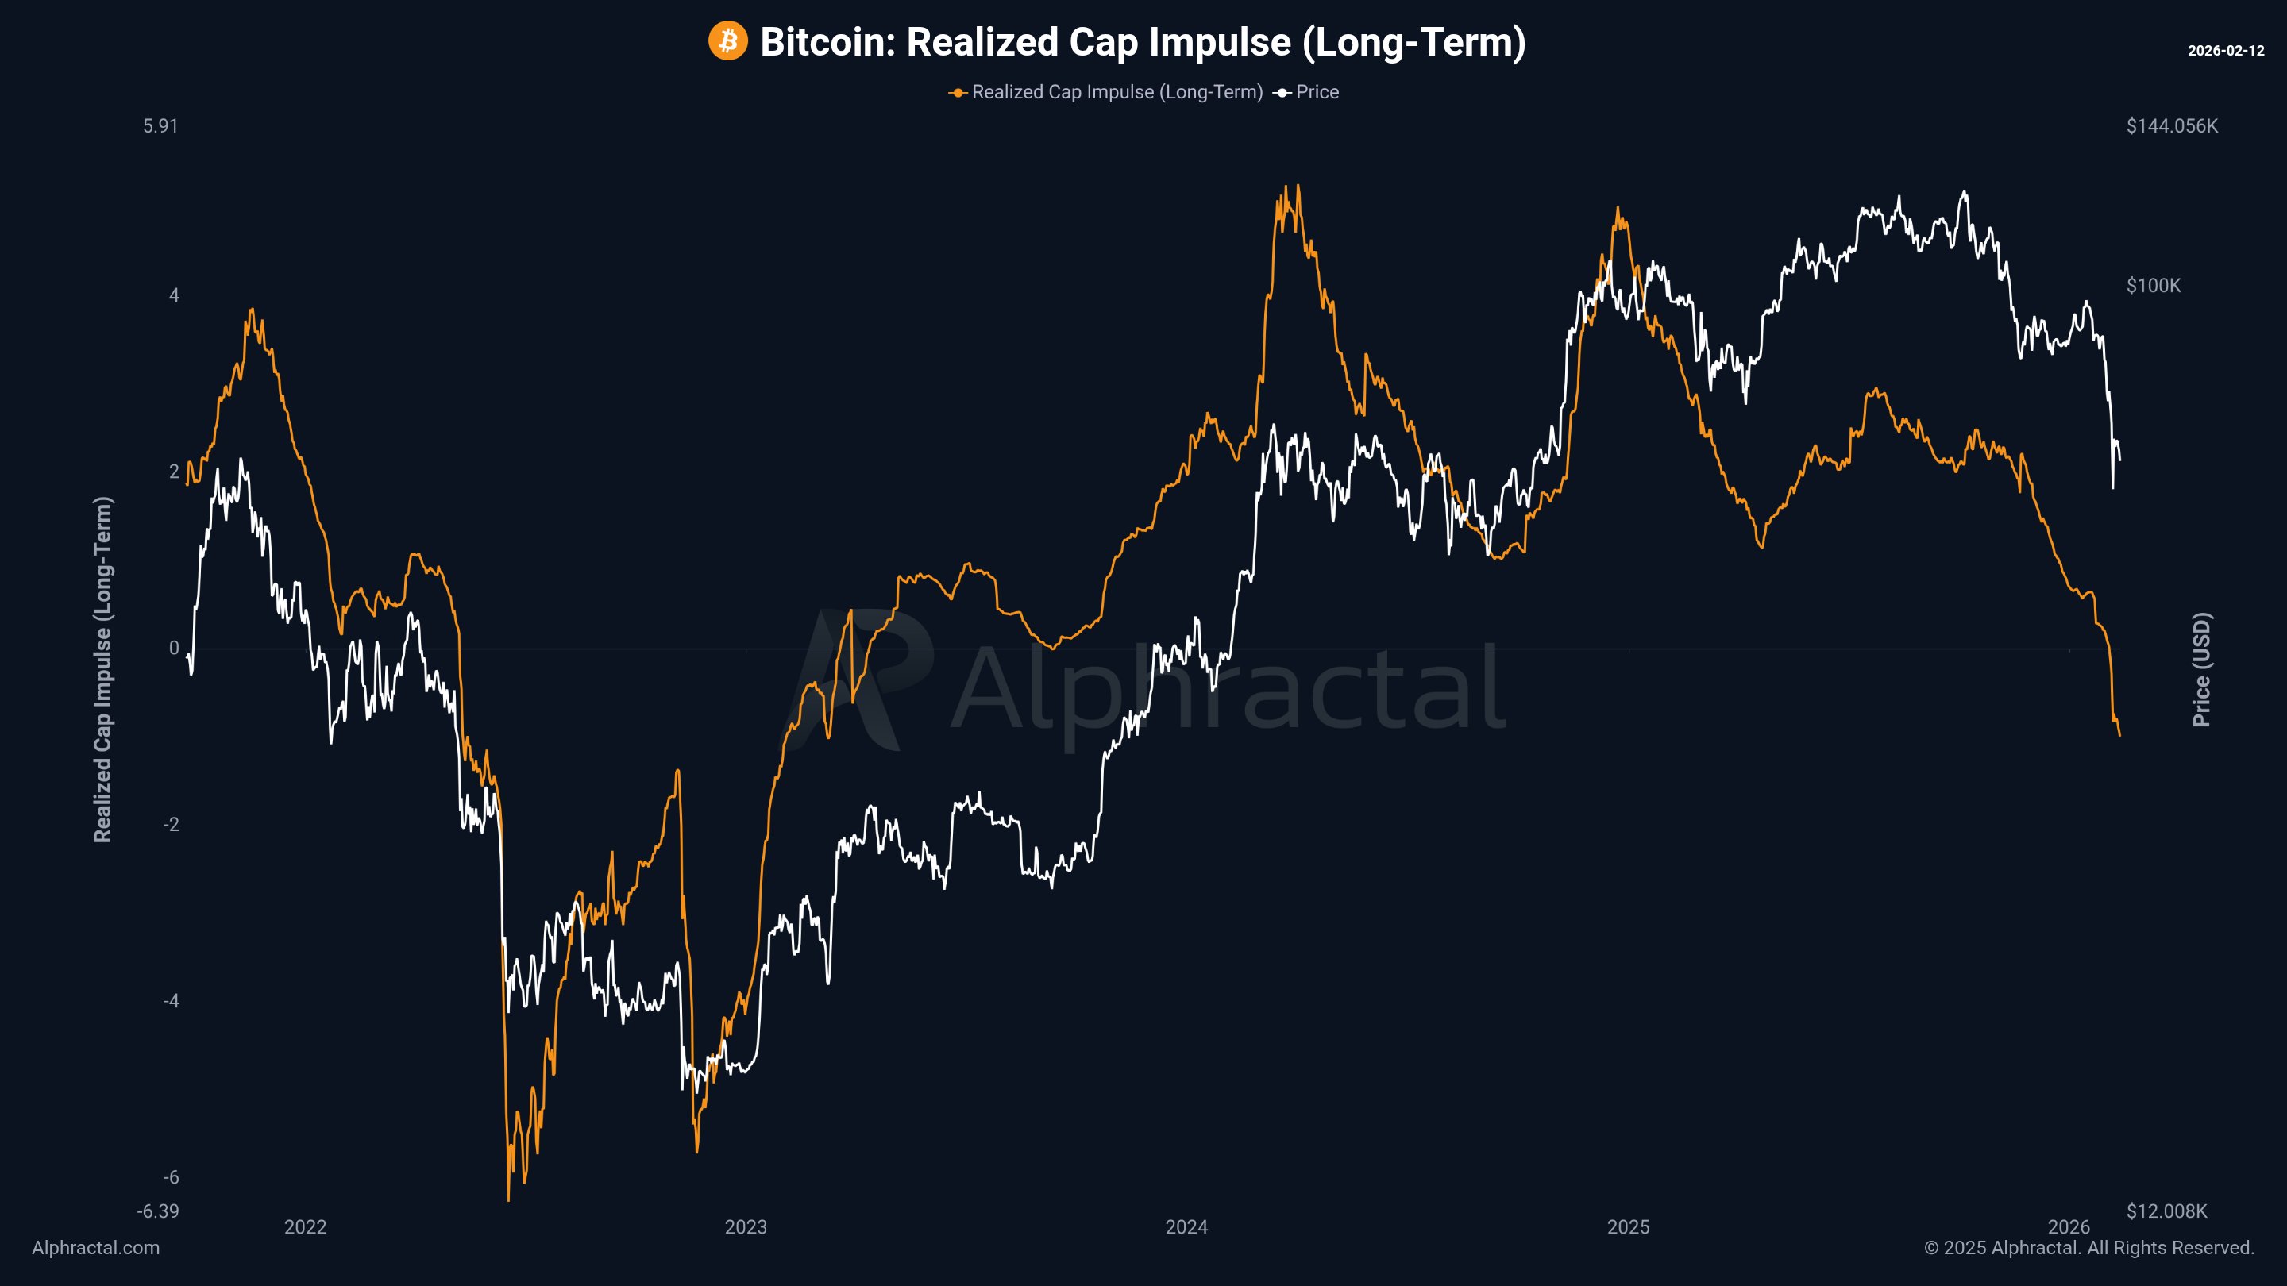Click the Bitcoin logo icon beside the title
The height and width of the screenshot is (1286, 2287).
tap(727, 42)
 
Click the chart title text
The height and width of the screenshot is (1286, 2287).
tap(1143, 42)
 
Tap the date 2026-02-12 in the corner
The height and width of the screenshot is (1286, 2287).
tap(2225, 51)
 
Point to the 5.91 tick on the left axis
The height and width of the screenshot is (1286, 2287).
tap(160, 126)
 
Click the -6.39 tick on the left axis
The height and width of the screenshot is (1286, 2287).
tap(158, 1211)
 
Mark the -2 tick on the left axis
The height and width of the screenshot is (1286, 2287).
tap(172, 825)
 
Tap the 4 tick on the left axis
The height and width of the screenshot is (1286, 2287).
tap(174, 295)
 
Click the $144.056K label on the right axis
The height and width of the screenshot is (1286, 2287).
tap(2172, 126)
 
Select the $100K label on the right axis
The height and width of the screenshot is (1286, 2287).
tap(2153, 286)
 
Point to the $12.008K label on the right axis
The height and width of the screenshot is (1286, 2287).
tap(2166, 1211)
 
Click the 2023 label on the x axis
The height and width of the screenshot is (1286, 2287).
tap(746, 1227)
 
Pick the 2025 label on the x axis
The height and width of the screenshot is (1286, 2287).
tap(1628, 1227)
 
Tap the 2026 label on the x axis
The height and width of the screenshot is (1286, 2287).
tap(2069, 1227)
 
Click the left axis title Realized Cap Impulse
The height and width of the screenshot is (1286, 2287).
tap(103, 669)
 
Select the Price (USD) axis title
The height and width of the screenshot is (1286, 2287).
tap(2202, 669)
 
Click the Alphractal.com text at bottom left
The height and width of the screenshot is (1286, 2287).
tap(96, 1248)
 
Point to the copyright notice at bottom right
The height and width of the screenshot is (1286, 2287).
tap(2088, 1248)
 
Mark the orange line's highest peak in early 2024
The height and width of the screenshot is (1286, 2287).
tap(1298, 187)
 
